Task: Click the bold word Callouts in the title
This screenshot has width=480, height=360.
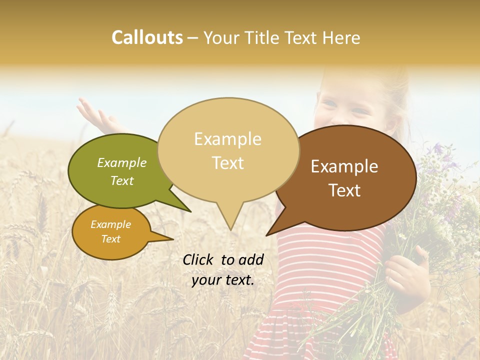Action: click(147, 37)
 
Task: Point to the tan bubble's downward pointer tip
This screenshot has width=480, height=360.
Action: click(230, 229)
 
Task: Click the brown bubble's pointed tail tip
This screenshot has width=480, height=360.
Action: click(267, 235)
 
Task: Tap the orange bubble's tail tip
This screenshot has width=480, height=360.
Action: click(173, 239)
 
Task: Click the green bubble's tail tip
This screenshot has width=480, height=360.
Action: click(190, 211)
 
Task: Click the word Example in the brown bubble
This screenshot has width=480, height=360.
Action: click(344, 166)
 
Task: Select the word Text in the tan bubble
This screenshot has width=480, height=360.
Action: click(228, 163)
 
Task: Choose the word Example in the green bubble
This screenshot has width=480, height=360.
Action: click(122, 163)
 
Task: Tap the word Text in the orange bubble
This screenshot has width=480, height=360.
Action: click(111, 239)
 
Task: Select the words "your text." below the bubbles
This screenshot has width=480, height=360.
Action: click(223, 280)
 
